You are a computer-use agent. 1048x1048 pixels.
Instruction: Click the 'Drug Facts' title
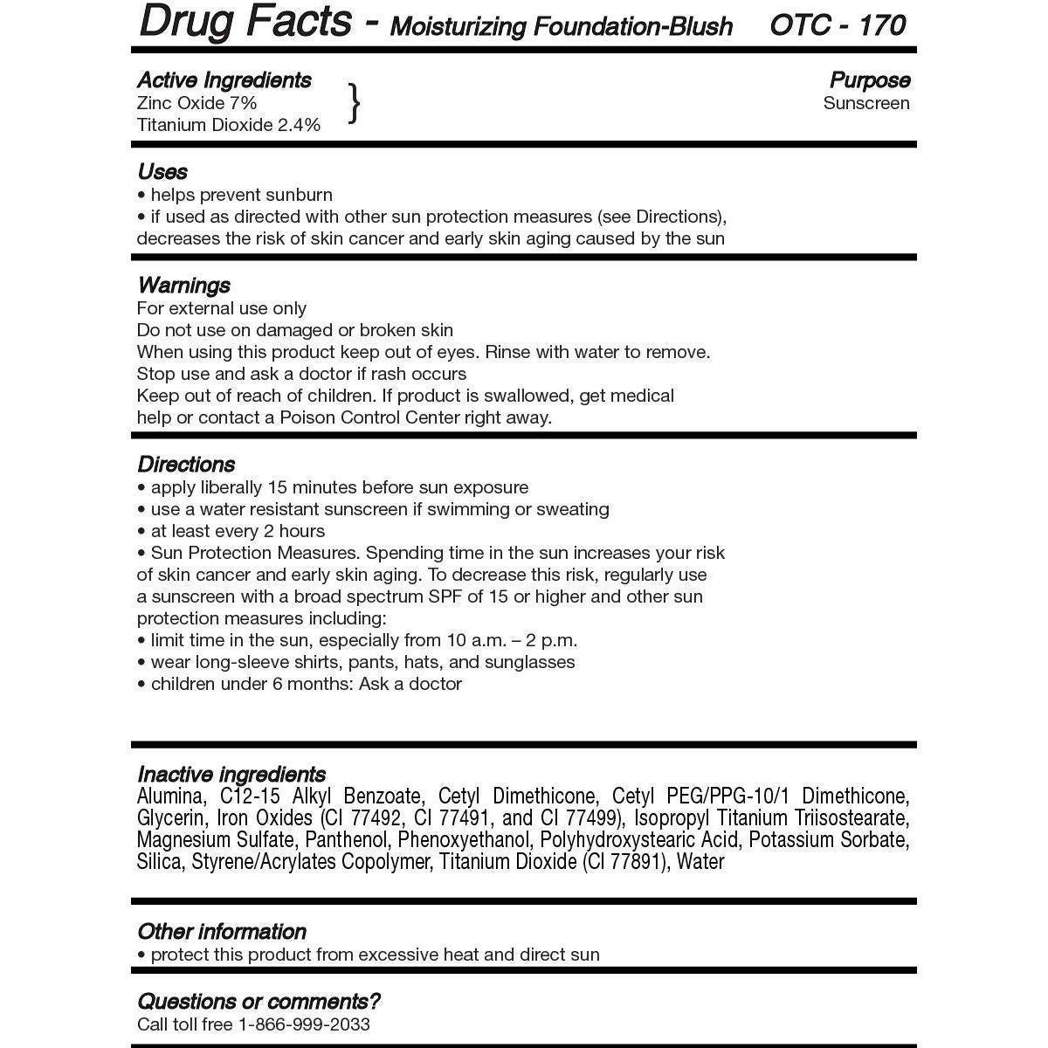(x=245, y=23)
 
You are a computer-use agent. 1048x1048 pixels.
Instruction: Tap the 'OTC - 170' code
(x=838, y=25)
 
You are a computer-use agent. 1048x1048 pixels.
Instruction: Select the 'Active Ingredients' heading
(x=224, y=80)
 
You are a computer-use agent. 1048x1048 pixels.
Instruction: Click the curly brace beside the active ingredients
(x=354, y=103)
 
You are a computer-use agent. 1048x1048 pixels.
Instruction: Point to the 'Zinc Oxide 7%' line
(x=196, y=103)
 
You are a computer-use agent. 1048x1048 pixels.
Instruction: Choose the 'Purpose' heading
(x=869, y=80)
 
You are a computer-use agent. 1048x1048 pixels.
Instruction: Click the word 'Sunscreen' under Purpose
(x=866, y=103)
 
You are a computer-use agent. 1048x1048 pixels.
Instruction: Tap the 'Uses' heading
(x=162, y=171)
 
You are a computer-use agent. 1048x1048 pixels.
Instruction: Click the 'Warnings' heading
(x=183, y=286)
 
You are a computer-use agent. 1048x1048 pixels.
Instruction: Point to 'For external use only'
(x=222, y=308)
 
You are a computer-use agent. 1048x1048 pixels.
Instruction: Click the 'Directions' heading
(x=186, y=465)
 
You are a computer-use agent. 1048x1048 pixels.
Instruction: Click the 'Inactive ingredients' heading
(x=231, y=775)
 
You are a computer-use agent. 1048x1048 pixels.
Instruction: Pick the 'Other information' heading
(x=222, y=932)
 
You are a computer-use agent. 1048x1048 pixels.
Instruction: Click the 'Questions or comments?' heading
(x=259, y=1002)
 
